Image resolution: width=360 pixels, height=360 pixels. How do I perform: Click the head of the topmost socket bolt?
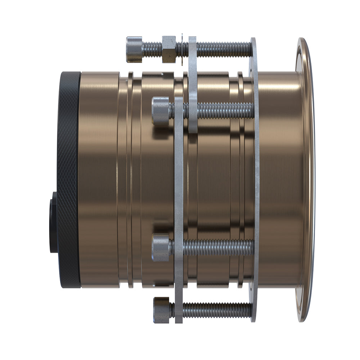[134, 49]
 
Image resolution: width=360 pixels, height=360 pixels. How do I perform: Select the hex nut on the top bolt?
[169, 49]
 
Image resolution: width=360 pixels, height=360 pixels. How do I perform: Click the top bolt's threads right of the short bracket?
[223, 49]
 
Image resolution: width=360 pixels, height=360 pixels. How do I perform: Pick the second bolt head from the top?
[161, 111]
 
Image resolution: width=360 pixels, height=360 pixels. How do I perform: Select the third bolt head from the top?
[161, 248]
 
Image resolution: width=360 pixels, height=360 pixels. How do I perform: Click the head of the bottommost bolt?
[161, 310]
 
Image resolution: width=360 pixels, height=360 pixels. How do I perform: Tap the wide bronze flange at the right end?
[306, 180]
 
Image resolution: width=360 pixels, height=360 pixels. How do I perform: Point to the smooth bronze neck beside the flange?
[279, 180]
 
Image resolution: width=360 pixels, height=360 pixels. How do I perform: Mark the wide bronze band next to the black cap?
[99, 180]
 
